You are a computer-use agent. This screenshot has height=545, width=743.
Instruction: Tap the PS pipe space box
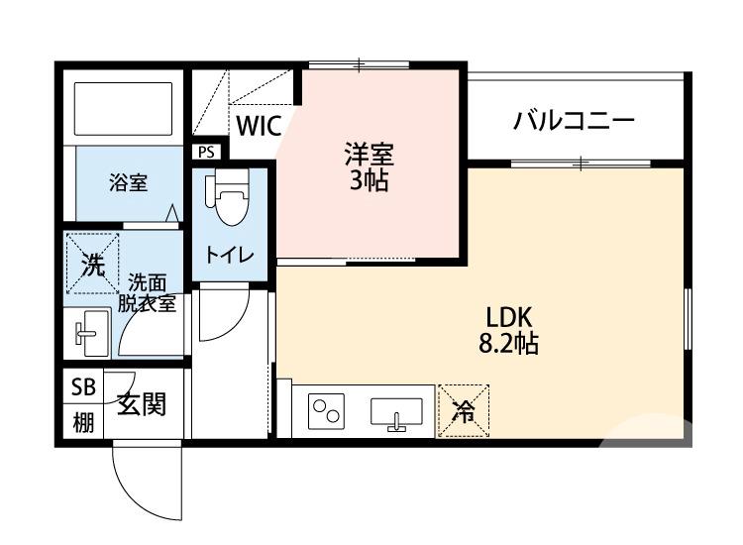click(206, 152)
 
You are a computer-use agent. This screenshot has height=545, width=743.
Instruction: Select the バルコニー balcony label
click(574, 122)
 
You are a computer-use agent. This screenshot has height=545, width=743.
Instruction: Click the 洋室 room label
click(369, 155)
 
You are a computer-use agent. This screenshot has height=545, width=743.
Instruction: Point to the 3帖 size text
click(369, 180)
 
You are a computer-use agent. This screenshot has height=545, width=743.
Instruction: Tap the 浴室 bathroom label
click(128, 182)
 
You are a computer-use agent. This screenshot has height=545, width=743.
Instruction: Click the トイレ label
click(230, 254)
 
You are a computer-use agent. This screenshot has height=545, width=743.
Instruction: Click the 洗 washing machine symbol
click(91, 264)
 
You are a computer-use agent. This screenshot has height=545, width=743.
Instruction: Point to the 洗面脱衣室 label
click(148, 293)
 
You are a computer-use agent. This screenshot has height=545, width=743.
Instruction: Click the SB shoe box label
click(83, 387)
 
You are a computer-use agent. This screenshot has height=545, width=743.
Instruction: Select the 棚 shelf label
click(83, 422)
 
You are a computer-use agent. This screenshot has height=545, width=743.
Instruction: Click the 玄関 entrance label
click(141, 404)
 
